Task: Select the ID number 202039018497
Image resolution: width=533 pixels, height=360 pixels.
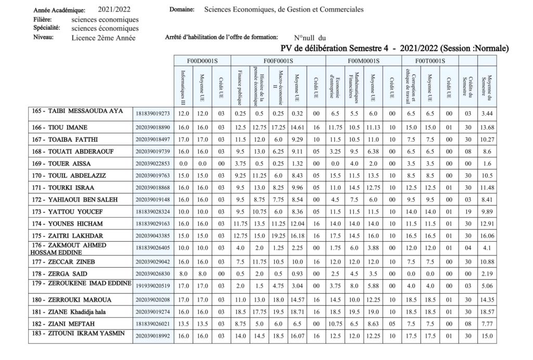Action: (153, 140)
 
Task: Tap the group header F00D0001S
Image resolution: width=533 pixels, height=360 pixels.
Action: (201, 61)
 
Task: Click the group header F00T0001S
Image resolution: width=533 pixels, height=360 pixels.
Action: (429, 61)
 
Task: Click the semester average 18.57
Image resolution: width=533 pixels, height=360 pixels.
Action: (487, 311)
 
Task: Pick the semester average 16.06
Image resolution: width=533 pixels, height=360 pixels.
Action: (487, 235)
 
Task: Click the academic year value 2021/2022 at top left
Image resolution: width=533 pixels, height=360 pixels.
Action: (114, 9)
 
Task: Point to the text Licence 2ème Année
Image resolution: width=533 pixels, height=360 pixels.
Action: (104, 38)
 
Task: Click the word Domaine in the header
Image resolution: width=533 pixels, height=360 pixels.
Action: (182, 9)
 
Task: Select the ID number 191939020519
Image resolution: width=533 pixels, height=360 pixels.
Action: (153, 286)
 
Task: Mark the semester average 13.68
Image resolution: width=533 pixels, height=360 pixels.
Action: (487, 128)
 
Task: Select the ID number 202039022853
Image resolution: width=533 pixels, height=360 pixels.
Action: (153, 164)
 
